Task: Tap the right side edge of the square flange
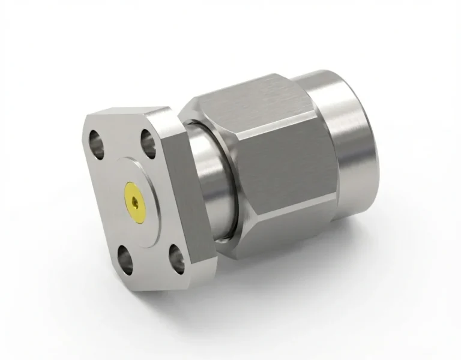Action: coord(183,198)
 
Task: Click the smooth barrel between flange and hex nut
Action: coord(207,180)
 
